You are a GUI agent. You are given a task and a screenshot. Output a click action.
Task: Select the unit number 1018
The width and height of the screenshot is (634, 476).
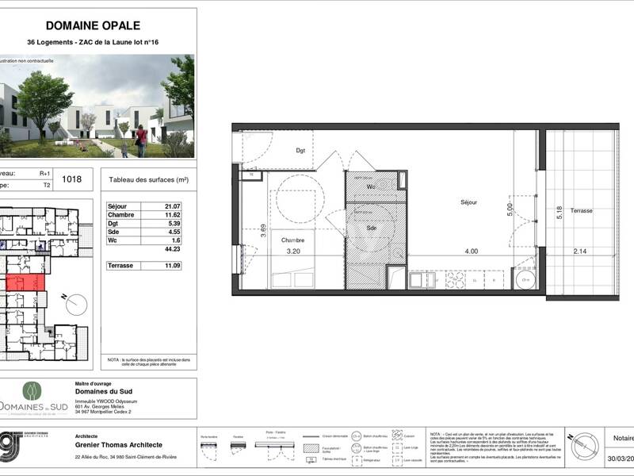tap(72, 180)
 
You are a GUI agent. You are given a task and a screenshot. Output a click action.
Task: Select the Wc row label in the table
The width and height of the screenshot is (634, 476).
tap(113, 241)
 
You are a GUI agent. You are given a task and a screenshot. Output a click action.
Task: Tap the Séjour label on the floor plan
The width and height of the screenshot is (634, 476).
tap(468, 203)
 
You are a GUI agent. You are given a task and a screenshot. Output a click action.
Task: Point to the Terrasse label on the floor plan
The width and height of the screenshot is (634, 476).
tap(581, 211)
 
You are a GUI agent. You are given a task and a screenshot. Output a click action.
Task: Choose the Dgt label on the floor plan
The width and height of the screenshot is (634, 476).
tap(300, 150)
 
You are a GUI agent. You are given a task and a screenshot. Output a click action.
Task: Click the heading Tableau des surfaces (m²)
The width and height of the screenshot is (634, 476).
tap(148, 180)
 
